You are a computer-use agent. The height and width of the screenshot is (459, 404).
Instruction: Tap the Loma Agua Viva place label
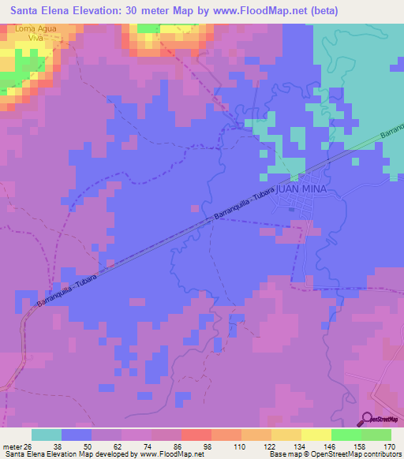(36, 32)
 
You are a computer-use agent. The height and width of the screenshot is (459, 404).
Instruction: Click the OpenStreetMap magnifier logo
(367, 418)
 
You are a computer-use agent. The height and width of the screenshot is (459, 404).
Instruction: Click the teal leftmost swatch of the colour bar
(47, 435)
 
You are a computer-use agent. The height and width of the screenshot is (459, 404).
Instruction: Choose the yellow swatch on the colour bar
(316, 435)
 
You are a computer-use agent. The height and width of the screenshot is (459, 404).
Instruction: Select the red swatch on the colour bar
(196, 435)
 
